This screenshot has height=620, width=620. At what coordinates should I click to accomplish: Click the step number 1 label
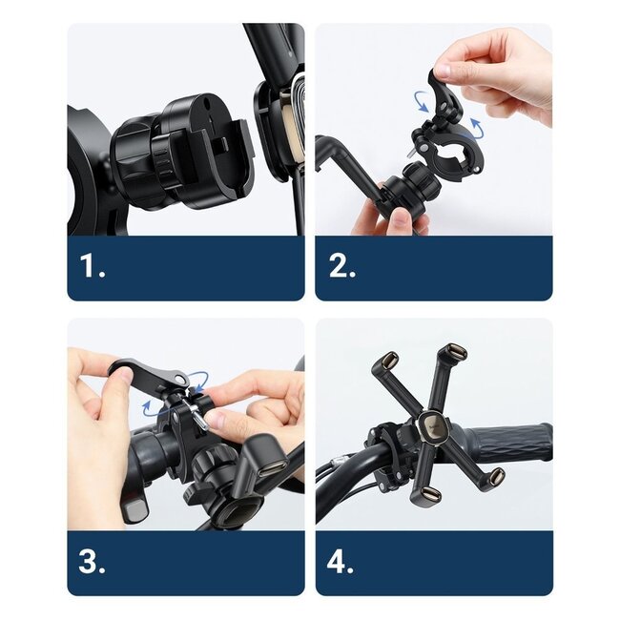coord(93,267)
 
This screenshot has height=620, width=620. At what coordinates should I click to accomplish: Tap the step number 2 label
coord(342,267)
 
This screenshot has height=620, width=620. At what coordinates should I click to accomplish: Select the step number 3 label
coord(93,562)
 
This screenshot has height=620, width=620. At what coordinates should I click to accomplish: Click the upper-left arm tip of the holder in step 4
coord(388,362)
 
